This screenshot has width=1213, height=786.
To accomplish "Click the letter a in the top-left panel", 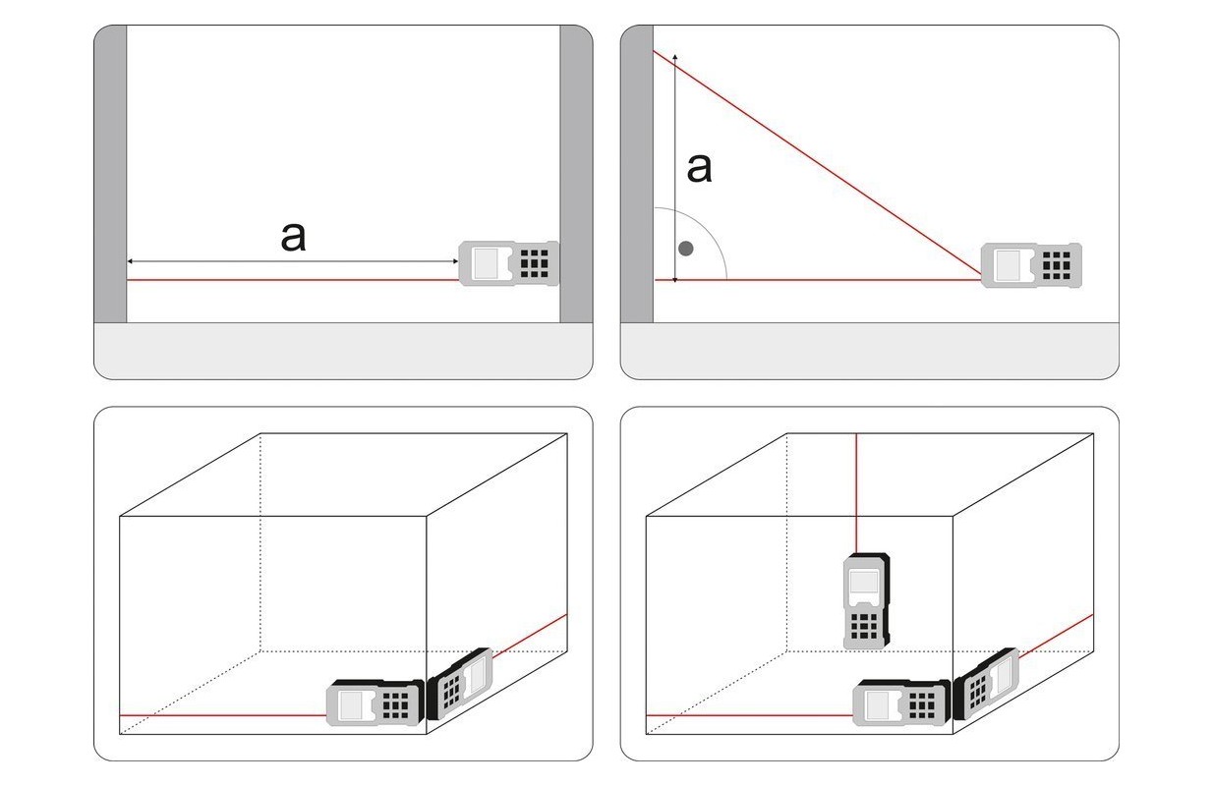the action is tap(294, 237).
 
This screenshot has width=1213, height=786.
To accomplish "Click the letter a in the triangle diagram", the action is tap(699, 168).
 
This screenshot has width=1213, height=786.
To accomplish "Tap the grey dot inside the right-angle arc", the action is tap(686, 249).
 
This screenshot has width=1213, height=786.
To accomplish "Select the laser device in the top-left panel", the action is tap(508, 263).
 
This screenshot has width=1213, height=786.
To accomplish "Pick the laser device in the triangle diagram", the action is tap(1031, 265).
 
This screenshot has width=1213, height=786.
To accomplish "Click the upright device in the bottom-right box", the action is tap(866, 601).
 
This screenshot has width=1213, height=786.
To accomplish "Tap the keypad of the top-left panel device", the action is tap(535, 263).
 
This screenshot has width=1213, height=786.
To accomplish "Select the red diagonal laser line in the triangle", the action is tap(818, 165).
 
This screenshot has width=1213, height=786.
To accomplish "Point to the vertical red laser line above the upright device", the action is tap(856, 493).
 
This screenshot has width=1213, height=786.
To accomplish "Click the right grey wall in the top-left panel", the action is tap(576, 174).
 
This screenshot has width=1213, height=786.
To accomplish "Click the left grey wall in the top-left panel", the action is tap(110, 174).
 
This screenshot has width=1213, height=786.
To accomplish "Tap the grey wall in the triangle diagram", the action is tap(637, 174).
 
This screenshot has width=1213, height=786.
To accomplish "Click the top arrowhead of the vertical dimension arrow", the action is tap(674, 56).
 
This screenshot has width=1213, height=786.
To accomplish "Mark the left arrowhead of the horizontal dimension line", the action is tap(130, 261).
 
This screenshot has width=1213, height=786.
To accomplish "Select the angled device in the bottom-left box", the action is tap(460, 683).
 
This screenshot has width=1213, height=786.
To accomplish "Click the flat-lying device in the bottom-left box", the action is tap(375, 703).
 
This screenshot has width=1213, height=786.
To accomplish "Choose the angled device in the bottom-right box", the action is tap(986, 683).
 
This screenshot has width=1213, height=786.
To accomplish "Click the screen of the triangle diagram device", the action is tap(1009, 266).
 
